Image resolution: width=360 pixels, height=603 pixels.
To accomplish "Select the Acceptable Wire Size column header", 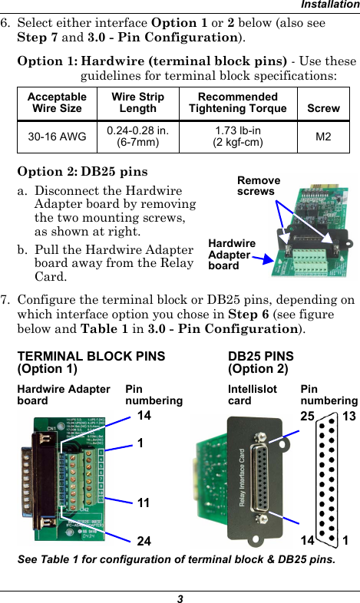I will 57,103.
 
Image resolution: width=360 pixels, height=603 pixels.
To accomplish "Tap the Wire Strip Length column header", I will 137,103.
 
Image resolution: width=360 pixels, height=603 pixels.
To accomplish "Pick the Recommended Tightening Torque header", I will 238,103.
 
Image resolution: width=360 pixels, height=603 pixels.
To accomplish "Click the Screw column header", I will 323,108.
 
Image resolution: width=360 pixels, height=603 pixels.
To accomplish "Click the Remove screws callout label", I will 259,186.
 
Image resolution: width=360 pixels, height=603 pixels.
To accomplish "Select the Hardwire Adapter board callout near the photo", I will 233,254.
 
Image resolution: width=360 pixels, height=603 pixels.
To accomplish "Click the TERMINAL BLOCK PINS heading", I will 91,362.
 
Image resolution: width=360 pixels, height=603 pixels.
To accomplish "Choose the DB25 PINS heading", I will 261,362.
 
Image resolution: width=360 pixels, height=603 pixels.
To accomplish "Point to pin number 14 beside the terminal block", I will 144,416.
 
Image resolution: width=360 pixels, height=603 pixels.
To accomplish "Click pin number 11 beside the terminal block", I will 144,502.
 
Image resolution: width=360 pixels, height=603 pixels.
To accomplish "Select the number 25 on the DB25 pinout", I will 309,416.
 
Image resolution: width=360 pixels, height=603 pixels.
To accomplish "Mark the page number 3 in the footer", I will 179,597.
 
